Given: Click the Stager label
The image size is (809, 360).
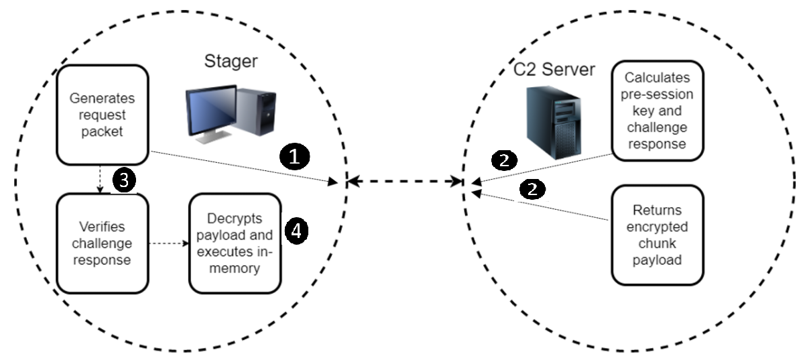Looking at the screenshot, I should tap(231, 62).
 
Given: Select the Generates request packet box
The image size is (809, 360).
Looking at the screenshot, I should tap(102, 115).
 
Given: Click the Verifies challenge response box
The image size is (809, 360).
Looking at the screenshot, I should tap(102, 243).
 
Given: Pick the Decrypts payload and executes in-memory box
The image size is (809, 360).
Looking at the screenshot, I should tap(234, 243).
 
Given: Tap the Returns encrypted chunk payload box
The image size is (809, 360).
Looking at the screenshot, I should tap(657, 235).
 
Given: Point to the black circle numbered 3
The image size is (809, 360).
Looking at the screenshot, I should tap(125, 180).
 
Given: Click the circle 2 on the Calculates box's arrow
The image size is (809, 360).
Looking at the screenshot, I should tap(505, 160).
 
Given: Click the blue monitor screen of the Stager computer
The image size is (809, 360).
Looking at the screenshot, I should tap(211, 110).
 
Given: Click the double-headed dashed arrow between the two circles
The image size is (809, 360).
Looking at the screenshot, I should tap(404, 181).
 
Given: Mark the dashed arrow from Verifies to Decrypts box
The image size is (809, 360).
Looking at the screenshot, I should tap(168, 243).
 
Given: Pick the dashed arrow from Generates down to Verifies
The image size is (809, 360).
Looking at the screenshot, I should tap(101, 179).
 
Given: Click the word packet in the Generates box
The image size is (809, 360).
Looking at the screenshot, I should tap(102, 131).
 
